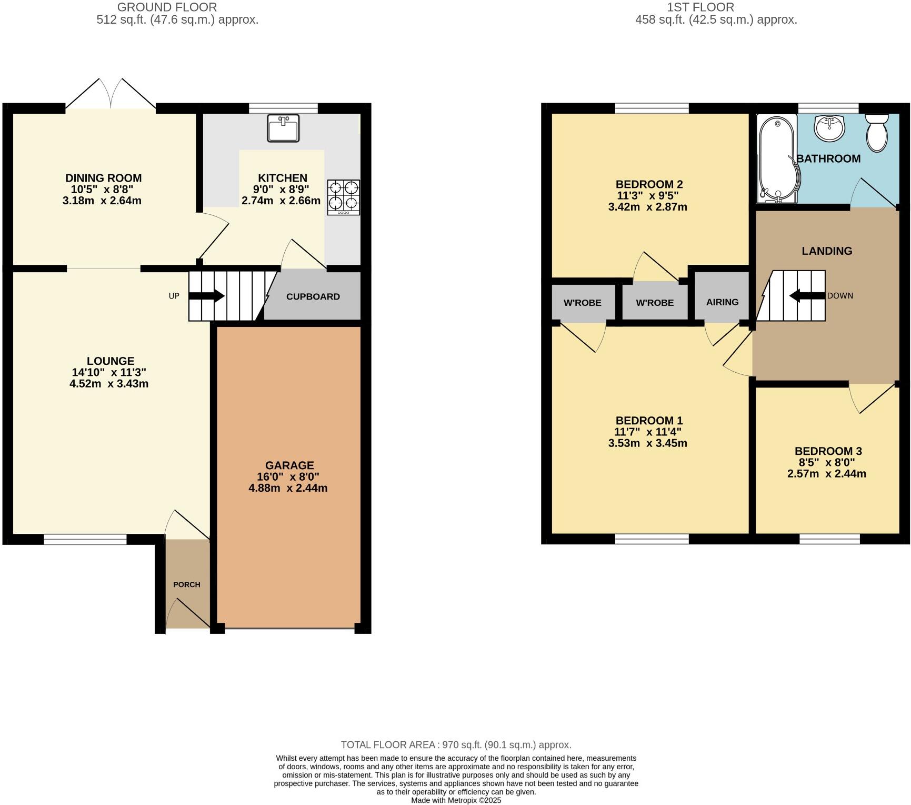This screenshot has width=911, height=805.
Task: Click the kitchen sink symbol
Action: (x=283, y=128)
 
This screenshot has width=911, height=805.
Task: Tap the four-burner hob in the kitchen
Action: (x=343, y=197)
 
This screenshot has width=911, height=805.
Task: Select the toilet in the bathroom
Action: (x=876, y=134)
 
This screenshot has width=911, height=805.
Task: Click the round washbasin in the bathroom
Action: (x=829, y=128)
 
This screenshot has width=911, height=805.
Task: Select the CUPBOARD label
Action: (x=313, y=296)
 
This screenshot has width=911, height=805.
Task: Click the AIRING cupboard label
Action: (x=722, y=302)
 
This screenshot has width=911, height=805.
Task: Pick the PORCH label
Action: (x=186, y=584)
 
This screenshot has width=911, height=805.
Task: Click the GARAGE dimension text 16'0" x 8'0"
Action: (x=288, y=477)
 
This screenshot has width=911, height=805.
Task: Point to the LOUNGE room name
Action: (x=111, y=361)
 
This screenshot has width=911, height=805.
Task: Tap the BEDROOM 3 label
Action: (x=828, y=451)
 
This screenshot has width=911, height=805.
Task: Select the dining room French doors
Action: (x=111, y=95)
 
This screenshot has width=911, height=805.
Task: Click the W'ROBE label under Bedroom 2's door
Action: (x=655, y=303)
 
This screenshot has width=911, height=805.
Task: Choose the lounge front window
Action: (x=85, y=539)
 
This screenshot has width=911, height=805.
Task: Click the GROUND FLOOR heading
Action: (x=166, y=7)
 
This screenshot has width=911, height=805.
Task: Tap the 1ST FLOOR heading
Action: (x=700, y=7)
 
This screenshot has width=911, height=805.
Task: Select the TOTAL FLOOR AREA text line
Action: (x=456, y=745)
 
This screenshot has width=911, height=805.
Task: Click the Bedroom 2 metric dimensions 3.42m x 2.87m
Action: (x=647, y=207)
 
